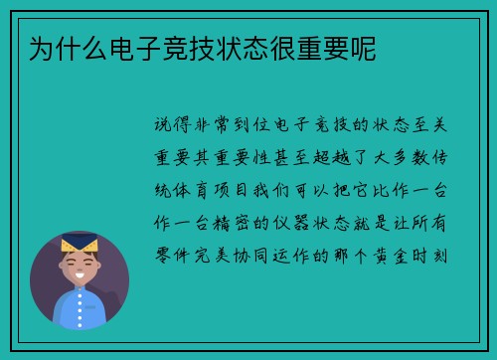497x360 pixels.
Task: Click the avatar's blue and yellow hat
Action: point(79,242)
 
